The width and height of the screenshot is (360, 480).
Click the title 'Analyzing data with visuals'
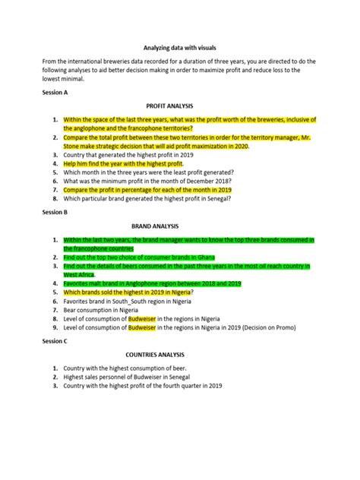pos(179,46)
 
